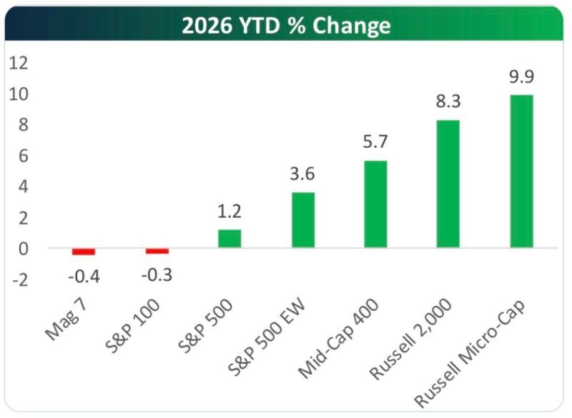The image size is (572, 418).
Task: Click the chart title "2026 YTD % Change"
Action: pos(285,26)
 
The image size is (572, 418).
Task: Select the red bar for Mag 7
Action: pos(84,252)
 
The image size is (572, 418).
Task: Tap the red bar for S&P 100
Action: pos(157,251)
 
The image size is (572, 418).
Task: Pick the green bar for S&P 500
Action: pos(230,239)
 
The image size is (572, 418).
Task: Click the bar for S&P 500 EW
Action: pos(302,220)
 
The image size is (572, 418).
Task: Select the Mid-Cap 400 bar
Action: pos(375,204)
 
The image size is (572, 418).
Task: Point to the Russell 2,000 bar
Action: pos(448,184)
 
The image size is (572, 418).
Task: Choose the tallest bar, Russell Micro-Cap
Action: pos(521,171)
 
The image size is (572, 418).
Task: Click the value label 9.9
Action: pos(521,77)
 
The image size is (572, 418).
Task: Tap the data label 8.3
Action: pos(448,102)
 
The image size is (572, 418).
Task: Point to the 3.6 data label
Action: pos(302,174)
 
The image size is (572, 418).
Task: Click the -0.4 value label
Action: pos(84,274)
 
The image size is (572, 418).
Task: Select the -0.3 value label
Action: pos(157,274)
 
